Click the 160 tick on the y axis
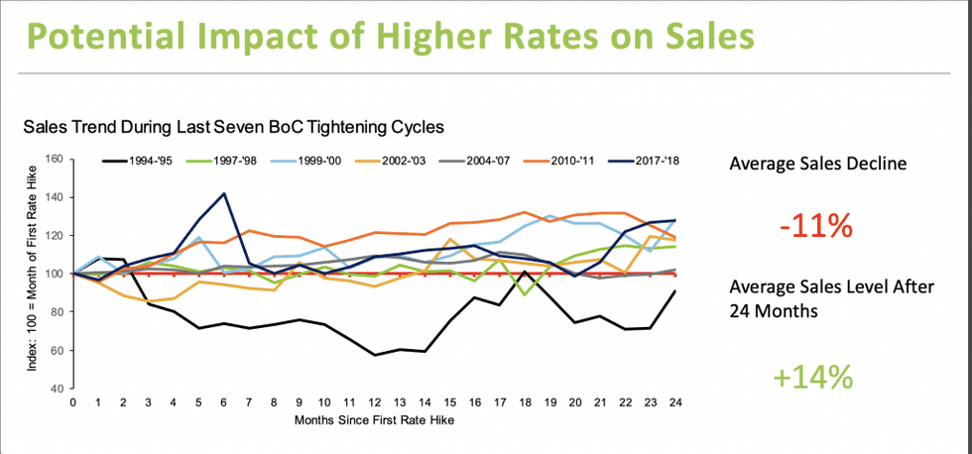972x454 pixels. (55, 159)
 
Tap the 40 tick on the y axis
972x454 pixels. (58, 390)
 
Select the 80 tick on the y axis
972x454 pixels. (58, 312)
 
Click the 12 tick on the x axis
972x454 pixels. (375, 403)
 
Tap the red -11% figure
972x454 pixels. (816, 226)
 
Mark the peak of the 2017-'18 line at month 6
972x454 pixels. (224, 193)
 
